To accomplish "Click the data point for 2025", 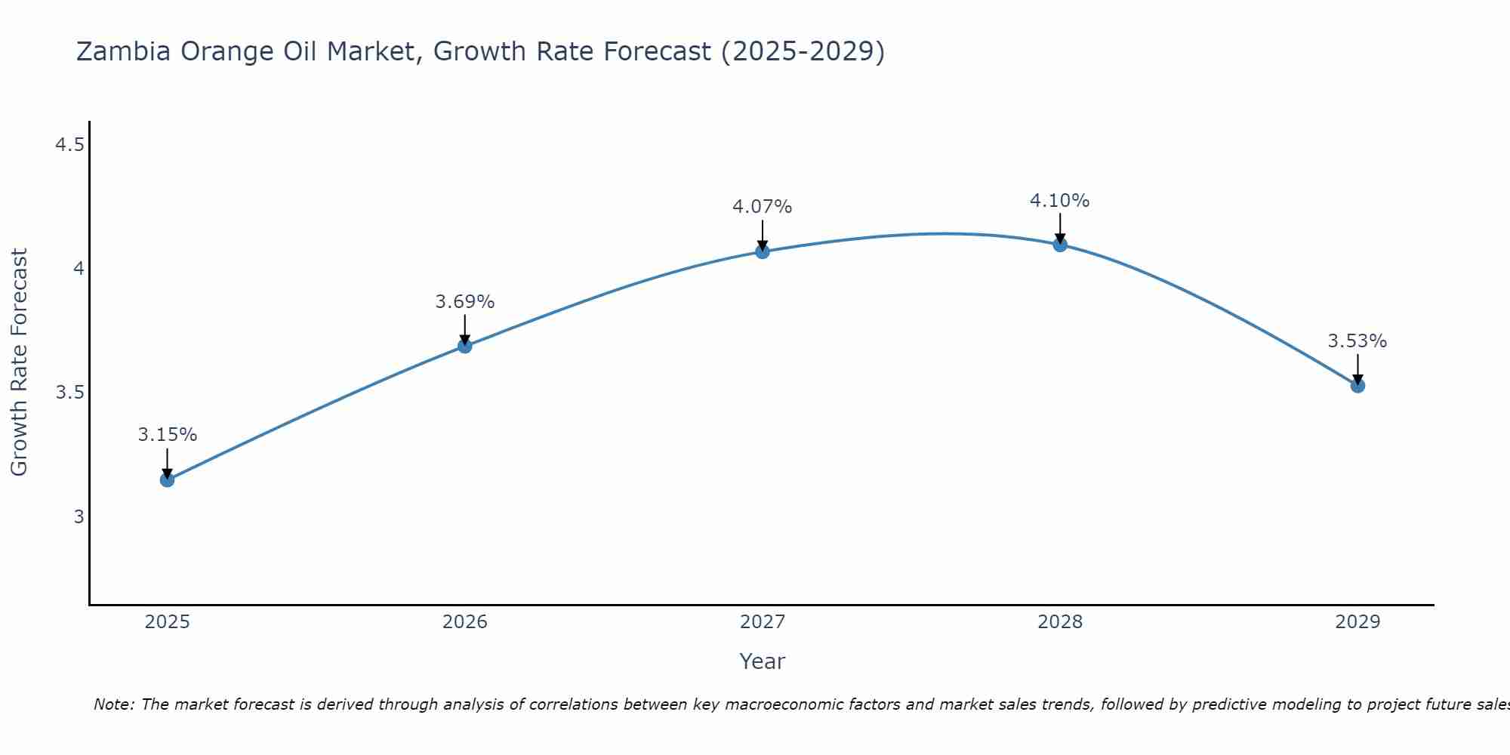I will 167,479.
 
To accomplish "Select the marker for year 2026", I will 464,346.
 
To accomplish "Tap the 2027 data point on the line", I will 762,251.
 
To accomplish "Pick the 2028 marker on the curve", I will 1059,244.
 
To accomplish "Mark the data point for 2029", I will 1357,386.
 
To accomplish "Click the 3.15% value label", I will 167,435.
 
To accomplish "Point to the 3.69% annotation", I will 464,302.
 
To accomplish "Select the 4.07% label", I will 762,207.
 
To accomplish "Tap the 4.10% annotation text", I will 1059,201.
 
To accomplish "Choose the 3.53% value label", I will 1357,341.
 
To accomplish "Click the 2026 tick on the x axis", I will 464,622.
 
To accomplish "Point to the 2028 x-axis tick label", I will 1059,622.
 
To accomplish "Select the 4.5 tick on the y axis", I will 69,145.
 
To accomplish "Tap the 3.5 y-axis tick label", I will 69,393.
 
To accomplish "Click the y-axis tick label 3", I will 79,517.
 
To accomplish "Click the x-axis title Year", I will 762,661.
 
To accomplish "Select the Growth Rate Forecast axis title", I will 19,362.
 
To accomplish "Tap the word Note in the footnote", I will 113,704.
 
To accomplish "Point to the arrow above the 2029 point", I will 1357,368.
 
